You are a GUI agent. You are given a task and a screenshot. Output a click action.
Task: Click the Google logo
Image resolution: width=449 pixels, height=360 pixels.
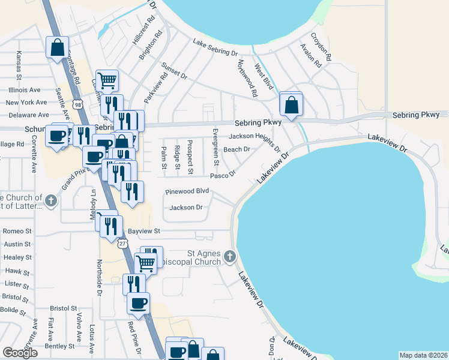pos(20,352)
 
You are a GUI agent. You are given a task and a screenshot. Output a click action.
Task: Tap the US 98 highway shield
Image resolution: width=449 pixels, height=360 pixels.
pos(79,104)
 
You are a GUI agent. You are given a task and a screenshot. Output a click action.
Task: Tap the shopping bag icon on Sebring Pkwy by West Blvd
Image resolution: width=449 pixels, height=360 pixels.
pos(291,105)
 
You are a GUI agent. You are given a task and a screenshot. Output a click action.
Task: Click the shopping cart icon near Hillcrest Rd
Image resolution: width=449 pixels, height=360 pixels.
pos(107,80)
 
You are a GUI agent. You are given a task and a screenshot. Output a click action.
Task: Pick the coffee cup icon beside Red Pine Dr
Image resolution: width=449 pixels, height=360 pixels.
pos(139,304)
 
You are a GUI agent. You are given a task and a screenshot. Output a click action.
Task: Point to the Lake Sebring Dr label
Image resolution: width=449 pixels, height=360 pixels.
pos(215,48)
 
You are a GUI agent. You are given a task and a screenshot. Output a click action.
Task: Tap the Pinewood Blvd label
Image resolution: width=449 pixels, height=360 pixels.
pos(187,191)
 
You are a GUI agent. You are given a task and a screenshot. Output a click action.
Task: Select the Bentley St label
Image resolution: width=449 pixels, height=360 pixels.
pos(59,346)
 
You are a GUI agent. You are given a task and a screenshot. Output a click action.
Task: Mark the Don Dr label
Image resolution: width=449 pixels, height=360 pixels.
pos(271,347)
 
